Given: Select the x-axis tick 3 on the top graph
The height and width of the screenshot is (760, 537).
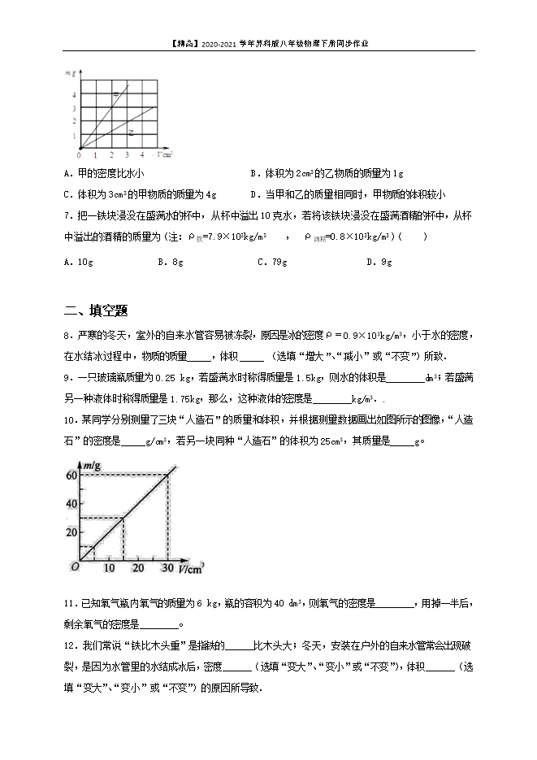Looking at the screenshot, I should (126, 154).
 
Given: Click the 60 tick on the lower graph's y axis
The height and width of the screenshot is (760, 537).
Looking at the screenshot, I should (71, 476).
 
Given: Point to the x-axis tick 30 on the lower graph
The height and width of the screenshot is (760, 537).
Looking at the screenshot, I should (167, 567).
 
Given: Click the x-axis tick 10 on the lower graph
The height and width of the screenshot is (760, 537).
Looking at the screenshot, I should (110, 567).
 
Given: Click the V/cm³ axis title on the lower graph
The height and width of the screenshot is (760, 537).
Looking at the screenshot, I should (191, 567).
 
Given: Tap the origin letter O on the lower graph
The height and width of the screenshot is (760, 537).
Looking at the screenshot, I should (74, 567).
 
